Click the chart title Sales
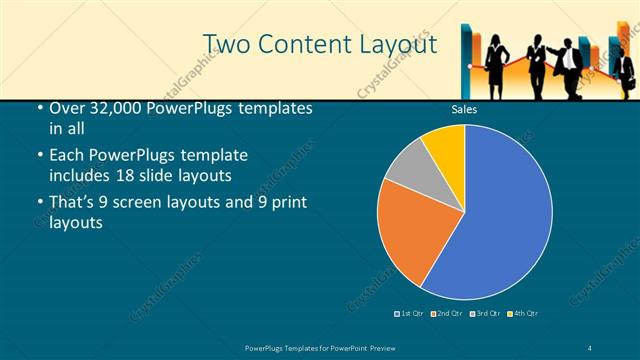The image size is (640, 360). tap(463, 110)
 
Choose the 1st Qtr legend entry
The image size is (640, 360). tap(409, 314)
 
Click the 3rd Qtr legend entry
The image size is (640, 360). tap(484, 314)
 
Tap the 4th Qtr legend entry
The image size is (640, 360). tap(523, 314)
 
